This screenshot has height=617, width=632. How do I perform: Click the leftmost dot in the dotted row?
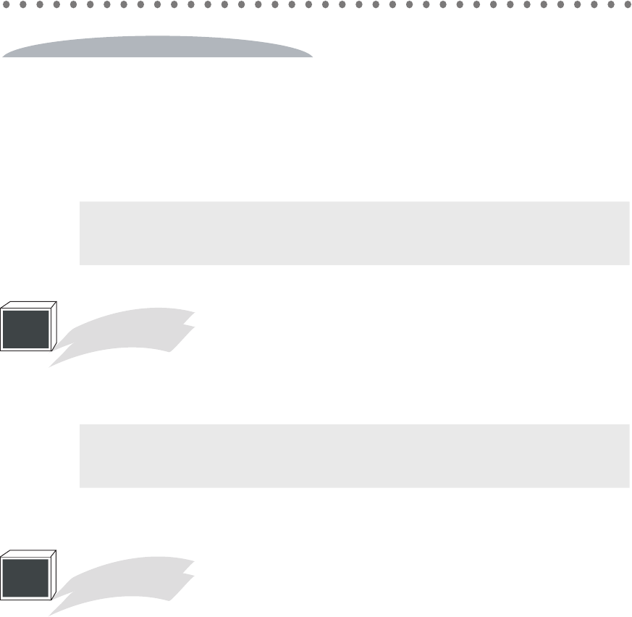coord(7,4)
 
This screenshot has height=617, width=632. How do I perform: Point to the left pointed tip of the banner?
coord(4,54)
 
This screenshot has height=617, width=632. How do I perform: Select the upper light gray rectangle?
coord(354,233)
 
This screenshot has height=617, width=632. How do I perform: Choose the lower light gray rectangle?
coord(354,456)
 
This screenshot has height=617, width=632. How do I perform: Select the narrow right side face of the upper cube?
coord(54,327)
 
